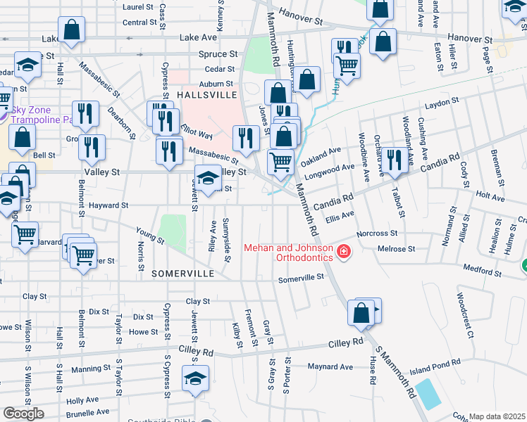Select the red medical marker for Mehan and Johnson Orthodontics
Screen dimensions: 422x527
[x=343, y=251]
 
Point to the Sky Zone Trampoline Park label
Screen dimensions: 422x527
[x=42, y=114]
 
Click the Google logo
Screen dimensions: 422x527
[x=23, y=413]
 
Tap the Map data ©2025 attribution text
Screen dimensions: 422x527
[x=497, y=416]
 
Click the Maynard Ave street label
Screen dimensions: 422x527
[x=330, y=366]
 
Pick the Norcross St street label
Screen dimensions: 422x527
[x=377, y=233]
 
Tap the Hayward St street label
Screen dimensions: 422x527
[x=108, y=205]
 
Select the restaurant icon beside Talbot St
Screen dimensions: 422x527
[x=393, y=160]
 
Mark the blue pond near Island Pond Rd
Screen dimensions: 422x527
[x=428, y=394]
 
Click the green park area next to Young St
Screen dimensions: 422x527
[x=173, y=231]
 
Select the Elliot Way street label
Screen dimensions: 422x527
[x=197, y=133]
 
